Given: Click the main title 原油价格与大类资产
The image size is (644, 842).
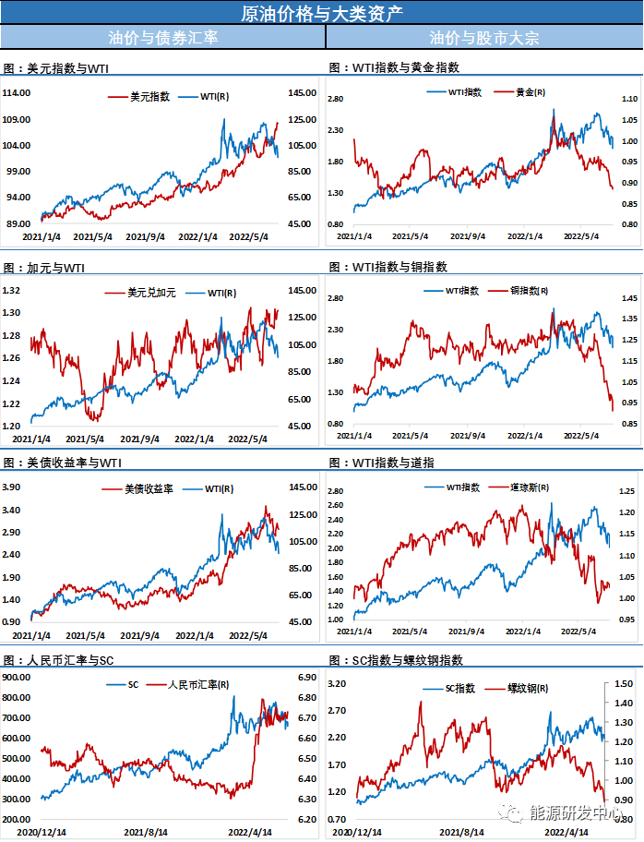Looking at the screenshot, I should pyautogui.click(x=321, y=13).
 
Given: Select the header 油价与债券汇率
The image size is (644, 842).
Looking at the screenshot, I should pyautogui.click(x=162, y=38).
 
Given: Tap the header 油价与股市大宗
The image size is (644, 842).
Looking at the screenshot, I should pyautogui.click(x=483, y=38).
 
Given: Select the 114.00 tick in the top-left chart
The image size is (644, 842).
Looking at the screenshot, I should pyautogui.click(x=18, y=93).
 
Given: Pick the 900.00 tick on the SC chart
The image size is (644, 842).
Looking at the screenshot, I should pyautogui.click(x=18, y=677).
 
